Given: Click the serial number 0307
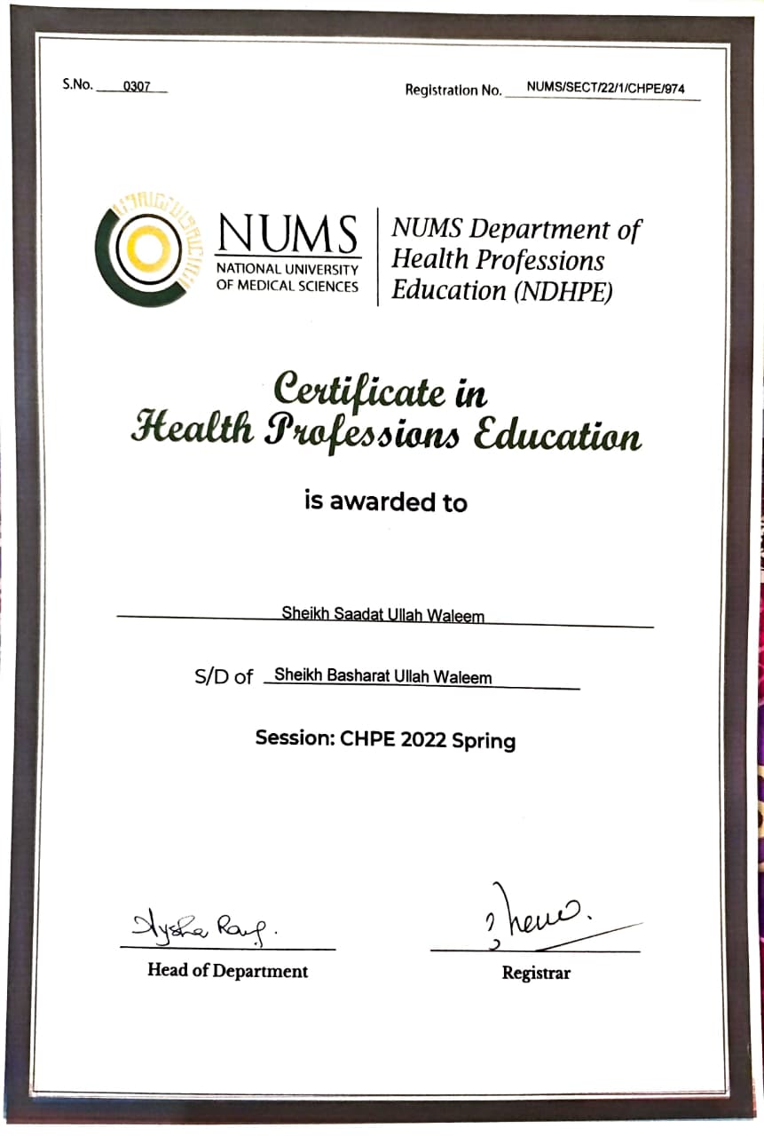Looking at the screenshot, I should tap(138, 87).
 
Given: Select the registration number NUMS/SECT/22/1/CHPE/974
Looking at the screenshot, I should tap(605, 89).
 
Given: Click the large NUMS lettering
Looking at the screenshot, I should tap(288, 234).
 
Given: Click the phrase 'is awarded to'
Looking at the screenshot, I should tap(385, 501).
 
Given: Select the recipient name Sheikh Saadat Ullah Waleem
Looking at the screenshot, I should tap(382, 614).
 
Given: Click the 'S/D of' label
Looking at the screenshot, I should tap(224, 677).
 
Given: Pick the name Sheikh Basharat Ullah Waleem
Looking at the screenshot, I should tap(382, 676).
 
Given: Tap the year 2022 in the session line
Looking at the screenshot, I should tap(423, 739).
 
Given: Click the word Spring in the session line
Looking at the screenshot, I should tap(484, 740).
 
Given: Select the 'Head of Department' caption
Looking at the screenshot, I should tap(227, 971).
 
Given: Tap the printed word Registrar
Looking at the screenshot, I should tap(536, 973).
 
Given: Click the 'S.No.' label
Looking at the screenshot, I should tap(77, 86).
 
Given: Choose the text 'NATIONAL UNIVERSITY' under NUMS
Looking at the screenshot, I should tap(287, 269).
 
